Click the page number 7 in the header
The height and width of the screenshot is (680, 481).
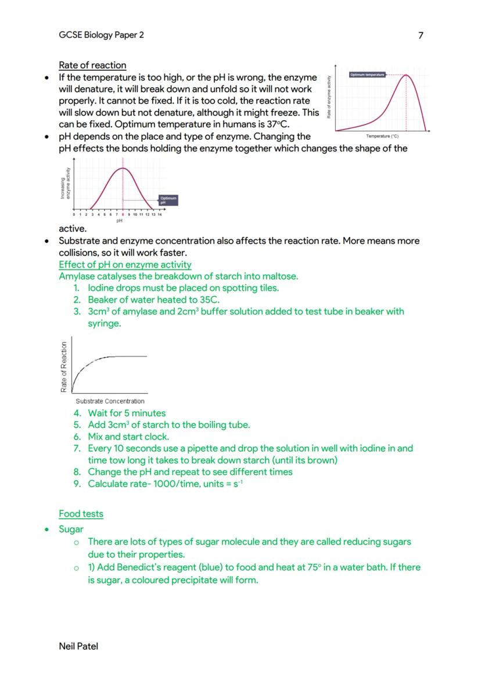click(421, 35)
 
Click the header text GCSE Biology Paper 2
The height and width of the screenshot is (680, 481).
click(101, 35)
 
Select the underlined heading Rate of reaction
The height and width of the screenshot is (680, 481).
click(92, 65)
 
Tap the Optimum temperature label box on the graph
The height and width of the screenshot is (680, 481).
click(367, 75)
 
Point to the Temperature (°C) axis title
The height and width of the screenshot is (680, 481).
click(382, 136)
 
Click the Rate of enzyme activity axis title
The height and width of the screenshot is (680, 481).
click(329, 98)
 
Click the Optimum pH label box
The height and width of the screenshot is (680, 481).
click(167, 200)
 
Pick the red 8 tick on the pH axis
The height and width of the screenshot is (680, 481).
click(123, 214)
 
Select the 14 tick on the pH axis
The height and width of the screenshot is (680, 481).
click(159, 214)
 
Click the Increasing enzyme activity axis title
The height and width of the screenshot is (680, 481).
click(65, 183)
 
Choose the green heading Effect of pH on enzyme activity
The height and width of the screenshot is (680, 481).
click(125, 264)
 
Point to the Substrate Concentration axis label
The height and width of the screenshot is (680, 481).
click(110, 401)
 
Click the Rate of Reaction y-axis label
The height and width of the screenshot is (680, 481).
click(64, 366)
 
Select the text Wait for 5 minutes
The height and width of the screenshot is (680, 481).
click(127, 413)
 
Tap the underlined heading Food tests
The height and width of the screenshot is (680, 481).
click(81, 514)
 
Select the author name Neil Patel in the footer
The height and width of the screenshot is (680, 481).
click(78, 646)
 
